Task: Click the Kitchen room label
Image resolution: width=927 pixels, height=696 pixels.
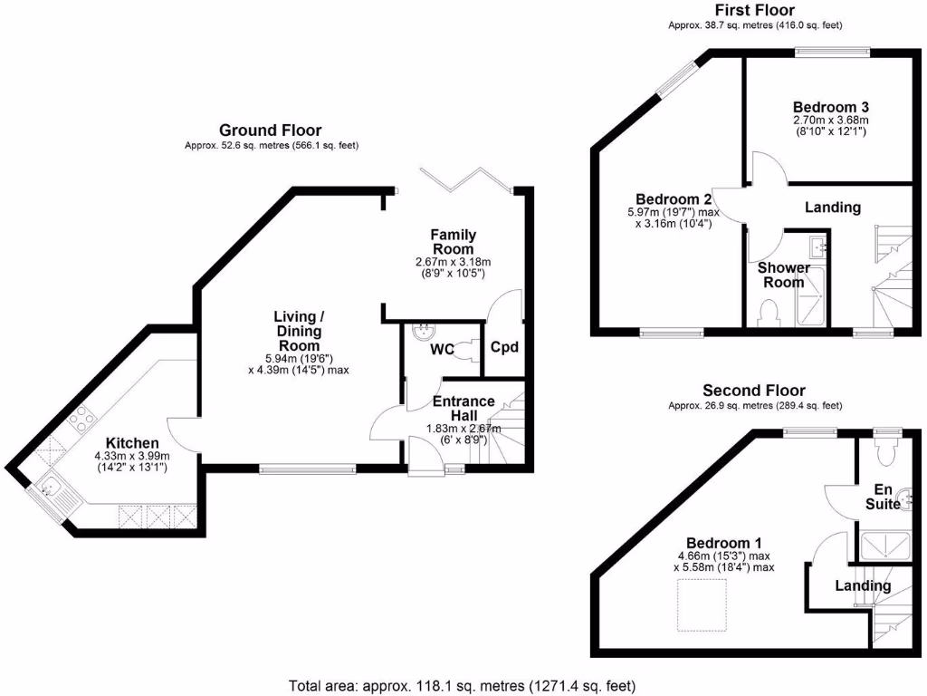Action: pyautogui.click(x=132, y=443)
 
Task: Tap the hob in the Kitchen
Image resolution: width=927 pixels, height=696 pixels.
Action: pyautogui.click(x=79, y=418)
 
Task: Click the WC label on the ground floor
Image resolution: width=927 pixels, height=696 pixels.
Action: pyautogui.click(x=443, y=349)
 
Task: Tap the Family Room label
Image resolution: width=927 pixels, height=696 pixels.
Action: pyautogui.click(x=453, y=242)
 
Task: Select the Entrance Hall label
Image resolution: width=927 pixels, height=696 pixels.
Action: pyautogui.click(x=463, y=408)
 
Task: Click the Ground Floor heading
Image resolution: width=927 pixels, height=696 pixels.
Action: pyautogui.click(x=271, y=130)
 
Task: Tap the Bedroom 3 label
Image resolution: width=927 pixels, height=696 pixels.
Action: pyautogui.click(x=830, y=106)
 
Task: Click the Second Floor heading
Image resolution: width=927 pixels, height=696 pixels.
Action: pyautogui.click(x=754, y=391)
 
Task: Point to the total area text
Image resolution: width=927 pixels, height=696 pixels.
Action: pyautogui.click(x=462, y=685)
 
